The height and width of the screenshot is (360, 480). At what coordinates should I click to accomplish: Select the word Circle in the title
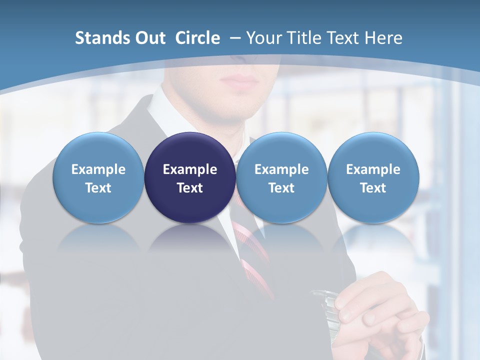[197, 38]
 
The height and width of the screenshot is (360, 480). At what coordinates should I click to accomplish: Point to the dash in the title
[235, 38]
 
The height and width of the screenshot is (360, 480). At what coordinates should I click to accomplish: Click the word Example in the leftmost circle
[98, 169]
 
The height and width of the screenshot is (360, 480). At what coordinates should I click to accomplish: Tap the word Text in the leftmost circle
[98, 188]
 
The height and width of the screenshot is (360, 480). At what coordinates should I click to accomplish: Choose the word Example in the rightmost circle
[373, 169]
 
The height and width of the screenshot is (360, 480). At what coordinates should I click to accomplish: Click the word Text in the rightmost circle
[373, 188]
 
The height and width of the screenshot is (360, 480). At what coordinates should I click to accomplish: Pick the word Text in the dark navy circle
[190, 188]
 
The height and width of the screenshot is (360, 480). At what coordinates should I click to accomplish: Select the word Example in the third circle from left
[281, 169]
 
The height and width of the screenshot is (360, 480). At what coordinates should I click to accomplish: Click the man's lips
[239, 79]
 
